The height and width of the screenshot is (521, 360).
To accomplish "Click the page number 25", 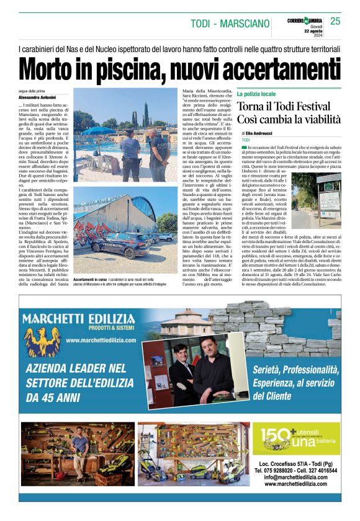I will [x=335, y=21].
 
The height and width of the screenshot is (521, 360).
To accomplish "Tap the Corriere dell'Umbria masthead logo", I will [x=304, y=21].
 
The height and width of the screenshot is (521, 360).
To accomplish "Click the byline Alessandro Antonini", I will [x=37, y=98].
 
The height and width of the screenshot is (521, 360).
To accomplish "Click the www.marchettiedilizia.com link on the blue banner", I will [x=100, y=341].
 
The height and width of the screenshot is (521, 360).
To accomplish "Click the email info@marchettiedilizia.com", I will [x=295, y=478].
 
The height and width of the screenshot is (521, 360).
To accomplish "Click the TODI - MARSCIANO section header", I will [x=229, y=24].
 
